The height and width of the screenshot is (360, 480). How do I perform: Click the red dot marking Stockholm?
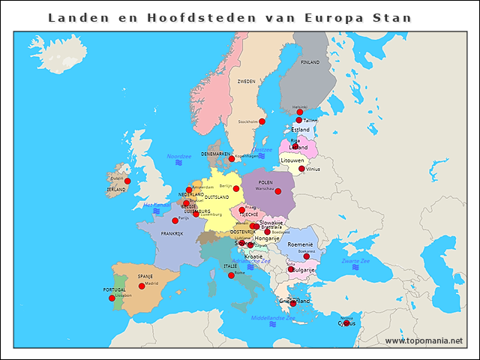click(x=262, y=121)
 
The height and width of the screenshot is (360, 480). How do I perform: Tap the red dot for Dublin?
click(x=127, y=181)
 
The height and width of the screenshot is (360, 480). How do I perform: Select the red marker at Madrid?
click(x=142, y=286)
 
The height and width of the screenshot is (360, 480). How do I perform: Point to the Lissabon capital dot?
click(x=112, y=298)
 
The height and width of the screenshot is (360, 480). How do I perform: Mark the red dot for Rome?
click(x=231, y=275)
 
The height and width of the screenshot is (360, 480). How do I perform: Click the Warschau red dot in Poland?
click(x=278, y=191)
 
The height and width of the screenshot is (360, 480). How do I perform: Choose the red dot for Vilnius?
click(x=301, y=169)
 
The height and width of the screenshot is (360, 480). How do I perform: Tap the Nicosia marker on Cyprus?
click(x=346, y=323)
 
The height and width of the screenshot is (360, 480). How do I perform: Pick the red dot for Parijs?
click(x=175, y=220)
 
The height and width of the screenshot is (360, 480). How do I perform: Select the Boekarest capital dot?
click(x=306, y=256)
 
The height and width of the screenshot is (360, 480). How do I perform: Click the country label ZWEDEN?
click(x=246, y=81)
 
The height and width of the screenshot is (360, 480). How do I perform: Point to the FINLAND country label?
click(x=310, y=62)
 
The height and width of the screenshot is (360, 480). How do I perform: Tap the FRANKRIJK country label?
click(x=172, y=233)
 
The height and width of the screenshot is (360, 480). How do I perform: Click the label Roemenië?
click(x=300, y=244)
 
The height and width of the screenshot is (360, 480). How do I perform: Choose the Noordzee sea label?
click(x=179, y=156)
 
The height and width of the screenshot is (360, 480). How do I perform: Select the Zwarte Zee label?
click(x=355, y=260)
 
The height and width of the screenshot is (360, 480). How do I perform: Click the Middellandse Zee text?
click(x=273, y=318)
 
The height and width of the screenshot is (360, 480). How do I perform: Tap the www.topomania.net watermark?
click(x=424, y=341)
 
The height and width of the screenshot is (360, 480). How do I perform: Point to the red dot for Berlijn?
click(x=236, y=188)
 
